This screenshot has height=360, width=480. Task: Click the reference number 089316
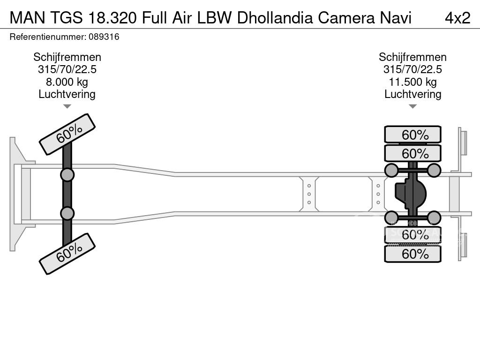(104, 37)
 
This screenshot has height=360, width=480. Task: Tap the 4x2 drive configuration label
(457, 17)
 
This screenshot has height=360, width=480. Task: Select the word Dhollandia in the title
(276, 17)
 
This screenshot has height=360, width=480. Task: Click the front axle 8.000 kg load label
(67, 82)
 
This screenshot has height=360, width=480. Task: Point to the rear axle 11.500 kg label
(412, 82)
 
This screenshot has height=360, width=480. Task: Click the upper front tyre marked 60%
(67, 134)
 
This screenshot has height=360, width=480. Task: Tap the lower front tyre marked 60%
(67, 254)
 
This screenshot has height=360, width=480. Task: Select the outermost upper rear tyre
(412, 135)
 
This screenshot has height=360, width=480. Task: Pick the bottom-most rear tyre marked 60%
(412, 254)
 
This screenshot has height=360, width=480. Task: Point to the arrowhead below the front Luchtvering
(67, 106)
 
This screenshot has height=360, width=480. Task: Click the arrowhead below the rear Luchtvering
(412, 106)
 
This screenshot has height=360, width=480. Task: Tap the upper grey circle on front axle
(67, 175)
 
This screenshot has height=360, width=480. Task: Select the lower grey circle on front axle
(67, 213)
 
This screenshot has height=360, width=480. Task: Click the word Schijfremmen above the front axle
(67, 57)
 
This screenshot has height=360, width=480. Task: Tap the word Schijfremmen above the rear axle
(412, 57)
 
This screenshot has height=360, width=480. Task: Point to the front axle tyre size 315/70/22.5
(67, 69)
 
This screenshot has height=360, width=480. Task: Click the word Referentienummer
(47, 37)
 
